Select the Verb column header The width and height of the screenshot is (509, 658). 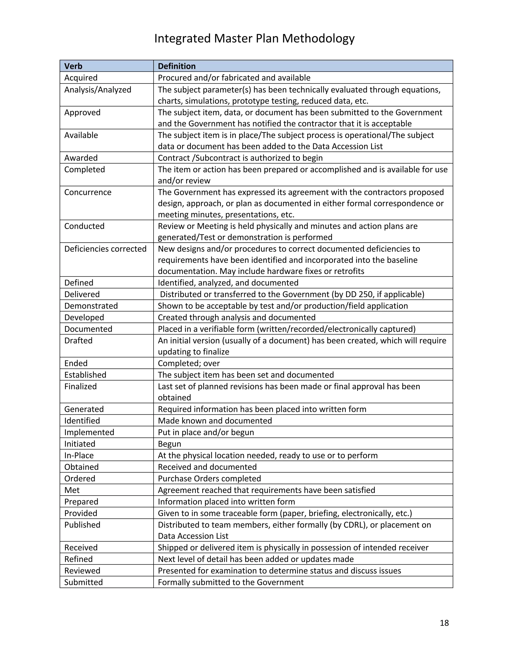[73, 66]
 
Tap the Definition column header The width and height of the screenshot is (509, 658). [177, 66]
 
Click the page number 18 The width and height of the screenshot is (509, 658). [444, 623]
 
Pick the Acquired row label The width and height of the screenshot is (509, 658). [81, 78]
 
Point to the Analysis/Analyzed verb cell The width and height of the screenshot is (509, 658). [98, 90]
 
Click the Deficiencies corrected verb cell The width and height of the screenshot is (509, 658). [105, 249]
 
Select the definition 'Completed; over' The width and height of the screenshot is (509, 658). [189, 363]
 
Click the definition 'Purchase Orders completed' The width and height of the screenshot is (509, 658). [209, 478]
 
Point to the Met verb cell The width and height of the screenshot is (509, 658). [72, 490]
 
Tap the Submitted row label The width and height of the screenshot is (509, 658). [84, 582]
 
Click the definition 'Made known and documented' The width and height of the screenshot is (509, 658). [215, 421]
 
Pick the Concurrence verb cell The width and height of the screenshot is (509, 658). [88, 192]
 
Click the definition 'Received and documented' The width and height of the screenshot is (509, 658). [207, 467]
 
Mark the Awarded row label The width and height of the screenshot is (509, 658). [81, 158]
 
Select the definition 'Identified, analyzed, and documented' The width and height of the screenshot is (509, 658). [228, 283]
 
